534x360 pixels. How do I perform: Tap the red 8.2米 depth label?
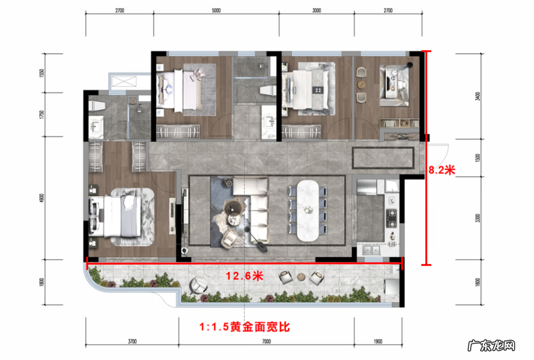pos(441,170)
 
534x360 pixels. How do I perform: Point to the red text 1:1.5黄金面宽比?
pos(244,327)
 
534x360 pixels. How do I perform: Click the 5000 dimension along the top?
pos(216,10)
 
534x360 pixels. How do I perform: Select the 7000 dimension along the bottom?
pos(266,341)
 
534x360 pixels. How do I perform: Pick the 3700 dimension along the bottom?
pos(132,341)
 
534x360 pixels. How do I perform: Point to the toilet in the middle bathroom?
pos(267,91)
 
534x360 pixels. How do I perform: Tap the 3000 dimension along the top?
pos(316,10)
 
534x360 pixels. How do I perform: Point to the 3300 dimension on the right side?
pos(477,218)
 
